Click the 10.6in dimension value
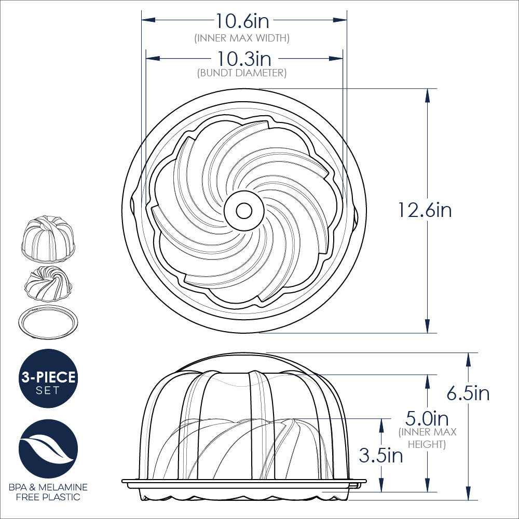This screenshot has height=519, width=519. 243,21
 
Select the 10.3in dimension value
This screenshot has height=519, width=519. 244,59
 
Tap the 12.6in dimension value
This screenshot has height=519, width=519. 425,210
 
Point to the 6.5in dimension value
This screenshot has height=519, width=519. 468,393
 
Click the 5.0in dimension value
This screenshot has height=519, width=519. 427,418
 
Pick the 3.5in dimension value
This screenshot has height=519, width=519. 380,456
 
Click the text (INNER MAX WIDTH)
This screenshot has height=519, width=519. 242,38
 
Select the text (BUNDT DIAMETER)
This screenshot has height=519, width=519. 242,73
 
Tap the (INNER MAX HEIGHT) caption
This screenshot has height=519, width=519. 428,438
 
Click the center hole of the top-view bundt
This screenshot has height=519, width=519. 243,210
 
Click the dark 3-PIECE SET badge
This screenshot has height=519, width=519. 48,378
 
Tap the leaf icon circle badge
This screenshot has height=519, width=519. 48,449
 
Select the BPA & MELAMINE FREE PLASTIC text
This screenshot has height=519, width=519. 48,492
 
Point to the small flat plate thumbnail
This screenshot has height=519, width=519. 48,322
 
